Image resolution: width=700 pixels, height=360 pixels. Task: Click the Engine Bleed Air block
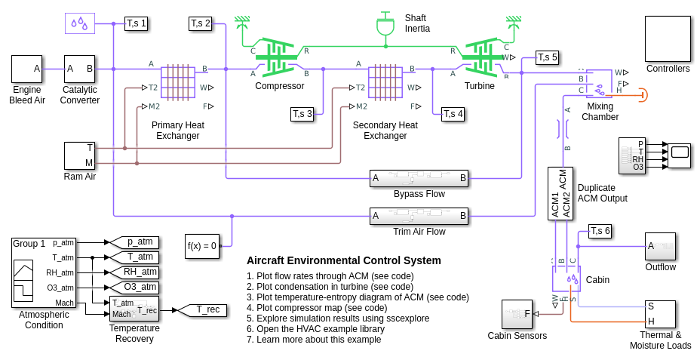pyautogui.click(x=26, y=69)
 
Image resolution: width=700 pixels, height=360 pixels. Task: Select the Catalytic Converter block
pyautogui.click(x=79, y=69)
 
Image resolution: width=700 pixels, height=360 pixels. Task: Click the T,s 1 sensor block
pyautogui.click(x=137, y=23)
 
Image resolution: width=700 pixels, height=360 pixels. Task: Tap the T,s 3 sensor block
pyautogui.click(x=302, y=114)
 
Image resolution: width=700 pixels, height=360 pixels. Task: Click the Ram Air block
pyautogui.click(x=79, y=155)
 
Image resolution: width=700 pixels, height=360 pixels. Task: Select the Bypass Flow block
pyautogui.click(x=419, y=179)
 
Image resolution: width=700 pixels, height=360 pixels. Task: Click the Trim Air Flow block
pyautogui.click(x=419, y=217)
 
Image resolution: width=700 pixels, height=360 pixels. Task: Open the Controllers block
pyautogui.click(x=668, y=38)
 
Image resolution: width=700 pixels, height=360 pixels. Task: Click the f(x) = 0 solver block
pyautogui.click(x=202, y=246)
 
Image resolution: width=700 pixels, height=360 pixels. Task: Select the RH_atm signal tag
pyautogui.click(x=135, y=272)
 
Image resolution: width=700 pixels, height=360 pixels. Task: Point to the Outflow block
pyautogui.click(x=660, y=246)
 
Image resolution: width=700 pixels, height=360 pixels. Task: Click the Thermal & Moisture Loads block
pyautogui.click(x=660, y=314)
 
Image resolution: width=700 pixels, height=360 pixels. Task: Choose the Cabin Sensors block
pyautogui.click(x=517, y=314)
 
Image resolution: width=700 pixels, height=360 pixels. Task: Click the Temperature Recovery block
pyautogui.click(x=134, y=309)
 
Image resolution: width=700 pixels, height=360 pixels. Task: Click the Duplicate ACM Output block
pyautogui.click(x=560, y=193)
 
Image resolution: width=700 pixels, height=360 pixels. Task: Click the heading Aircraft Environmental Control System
pyautogui.click(x=344, y=260)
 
